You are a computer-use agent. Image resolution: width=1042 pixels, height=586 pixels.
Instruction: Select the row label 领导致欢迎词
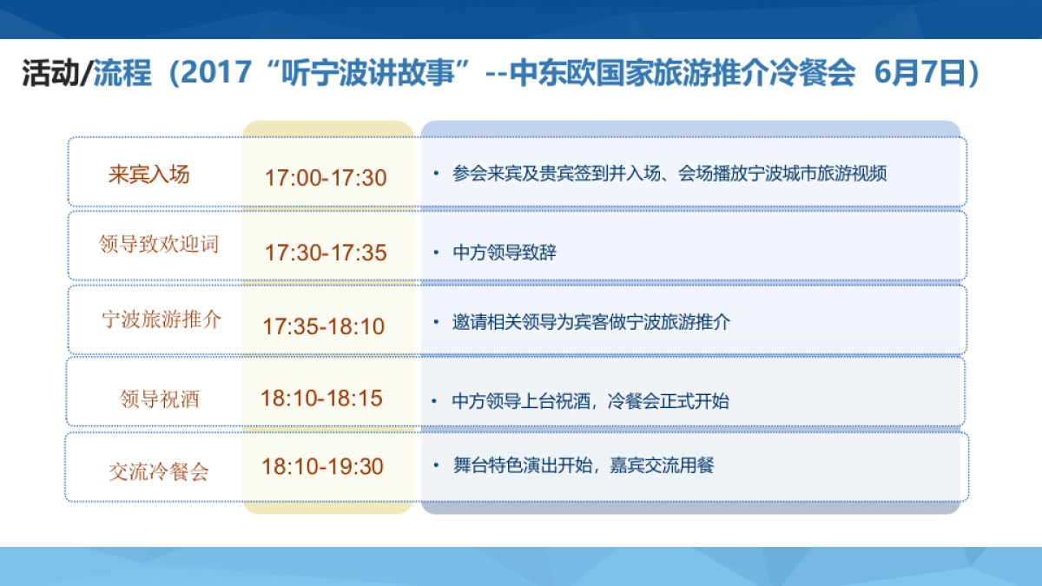159,244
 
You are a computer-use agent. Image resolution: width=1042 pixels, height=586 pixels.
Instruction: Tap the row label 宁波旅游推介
162,319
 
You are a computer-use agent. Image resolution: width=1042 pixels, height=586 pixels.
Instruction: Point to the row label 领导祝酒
160,399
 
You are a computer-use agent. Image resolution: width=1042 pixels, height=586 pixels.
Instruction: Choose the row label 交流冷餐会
159,472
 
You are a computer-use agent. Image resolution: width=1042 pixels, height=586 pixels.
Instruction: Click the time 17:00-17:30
326,178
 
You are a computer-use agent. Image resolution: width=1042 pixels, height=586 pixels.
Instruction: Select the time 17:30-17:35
326,253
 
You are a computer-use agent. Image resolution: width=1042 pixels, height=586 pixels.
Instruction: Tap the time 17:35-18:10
324,327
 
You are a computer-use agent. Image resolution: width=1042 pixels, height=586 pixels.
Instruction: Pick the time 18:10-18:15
321,398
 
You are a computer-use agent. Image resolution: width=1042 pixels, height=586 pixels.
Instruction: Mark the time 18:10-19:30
322,466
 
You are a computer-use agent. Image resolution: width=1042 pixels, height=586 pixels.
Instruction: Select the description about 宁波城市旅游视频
669,174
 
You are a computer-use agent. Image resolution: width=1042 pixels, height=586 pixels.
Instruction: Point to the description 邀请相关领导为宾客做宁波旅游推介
591,322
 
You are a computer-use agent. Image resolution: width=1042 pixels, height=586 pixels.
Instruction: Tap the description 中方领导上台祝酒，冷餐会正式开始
590,401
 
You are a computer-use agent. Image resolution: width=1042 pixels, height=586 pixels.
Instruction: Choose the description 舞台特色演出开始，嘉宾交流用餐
583,466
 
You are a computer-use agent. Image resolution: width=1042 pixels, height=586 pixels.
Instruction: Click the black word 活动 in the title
50,74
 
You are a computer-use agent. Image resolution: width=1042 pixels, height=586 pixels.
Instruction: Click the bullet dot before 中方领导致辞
436,253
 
